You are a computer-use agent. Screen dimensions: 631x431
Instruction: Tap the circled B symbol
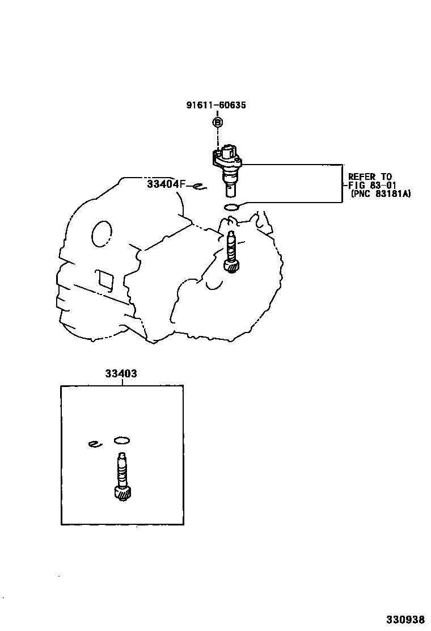pos(218,122)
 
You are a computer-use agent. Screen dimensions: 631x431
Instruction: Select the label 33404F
pos(166,184)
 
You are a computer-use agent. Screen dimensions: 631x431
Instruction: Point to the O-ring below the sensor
pos(231,207)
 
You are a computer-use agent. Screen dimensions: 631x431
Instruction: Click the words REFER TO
pos(370,177)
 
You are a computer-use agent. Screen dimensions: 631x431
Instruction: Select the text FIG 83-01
pos(372,185)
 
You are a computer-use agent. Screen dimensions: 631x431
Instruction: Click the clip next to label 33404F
pos(199,186)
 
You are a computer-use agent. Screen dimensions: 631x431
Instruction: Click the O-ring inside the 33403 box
pos(122,440)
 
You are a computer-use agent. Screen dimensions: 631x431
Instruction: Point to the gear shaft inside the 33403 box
pos(121,468)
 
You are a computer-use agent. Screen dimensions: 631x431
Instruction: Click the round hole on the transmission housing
pos(102,234)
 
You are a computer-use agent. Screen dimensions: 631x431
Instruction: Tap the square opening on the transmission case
pos(105,279)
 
